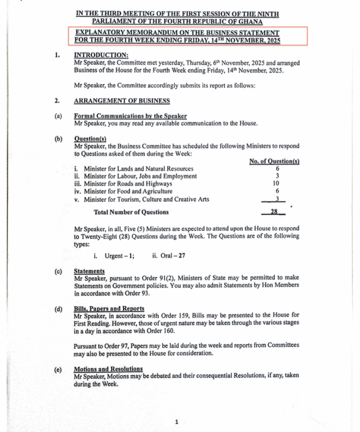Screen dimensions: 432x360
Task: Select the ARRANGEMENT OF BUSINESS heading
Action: click(122, 101)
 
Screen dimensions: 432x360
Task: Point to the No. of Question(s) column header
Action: click(274, 162)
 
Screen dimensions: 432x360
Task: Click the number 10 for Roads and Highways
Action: click(276, 184)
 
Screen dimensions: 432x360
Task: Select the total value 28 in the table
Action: click(274, 212)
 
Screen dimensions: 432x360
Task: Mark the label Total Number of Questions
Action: click(131, 212)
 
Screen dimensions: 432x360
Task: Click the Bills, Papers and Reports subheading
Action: click(109, 309)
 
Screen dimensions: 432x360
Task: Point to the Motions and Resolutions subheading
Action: click(108, 369)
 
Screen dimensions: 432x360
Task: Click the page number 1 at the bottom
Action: click(176, 422)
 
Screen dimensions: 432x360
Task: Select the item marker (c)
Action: click(58, 271)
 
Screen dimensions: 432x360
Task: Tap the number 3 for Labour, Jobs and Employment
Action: click(277, 176)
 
